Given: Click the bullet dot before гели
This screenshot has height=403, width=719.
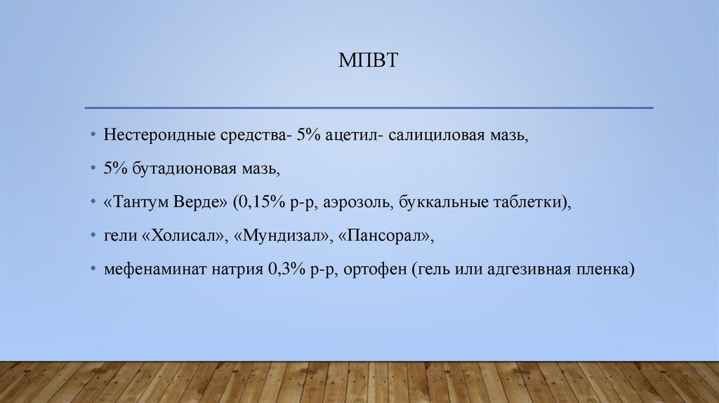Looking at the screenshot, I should [x=93, y=237].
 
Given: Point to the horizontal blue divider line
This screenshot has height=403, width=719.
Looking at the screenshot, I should [x=369, y=107].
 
